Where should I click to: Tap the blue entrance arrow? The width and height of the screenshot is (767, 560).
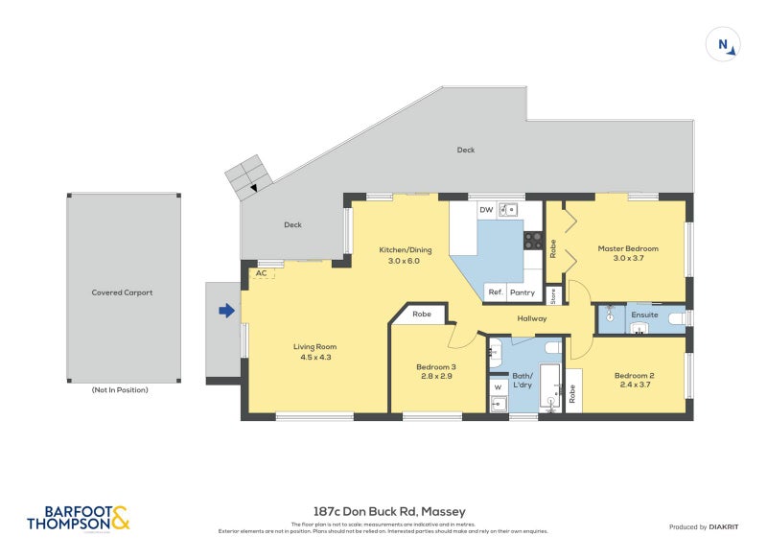226,311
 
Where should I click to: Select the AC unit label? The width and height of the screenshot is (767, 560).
260,273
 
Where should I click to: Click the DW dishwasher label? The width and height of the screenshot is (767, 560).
486,209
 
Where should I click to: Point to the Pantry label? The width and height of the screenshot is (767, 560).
523,292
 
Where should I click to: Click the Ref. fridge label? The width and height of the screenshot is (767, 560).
496,292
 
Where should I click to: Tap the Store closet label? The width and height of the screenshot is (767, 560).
552,294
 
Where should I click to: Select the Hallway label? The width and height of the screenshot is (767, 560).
532,318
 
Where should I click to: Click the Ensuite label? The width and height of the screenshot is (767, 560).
644,314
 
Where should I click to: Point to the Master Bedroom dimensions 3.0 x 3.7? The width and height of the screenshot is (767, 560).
628,260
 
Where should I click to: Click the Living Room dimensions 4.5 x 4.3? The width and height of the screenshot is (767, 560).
314,358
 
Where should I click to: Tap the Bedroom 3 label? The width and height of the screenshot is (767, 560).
436,366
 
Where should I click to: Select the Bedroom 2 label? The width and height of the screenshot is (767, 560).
634,375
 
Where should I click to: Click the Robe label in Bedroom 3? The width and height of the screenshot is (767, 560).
422,314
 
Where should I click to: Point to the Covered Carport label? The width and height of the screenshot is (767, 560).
122,292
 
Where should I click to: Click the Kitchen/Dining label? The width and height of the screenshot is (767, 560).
406,249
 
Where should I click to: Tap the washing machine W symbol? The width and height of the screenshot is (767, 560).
498,387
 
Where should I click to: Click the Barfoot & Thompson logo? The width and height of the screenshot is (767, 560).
78,518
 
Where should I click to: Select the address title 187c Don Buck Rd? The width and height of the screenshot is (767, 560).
383,511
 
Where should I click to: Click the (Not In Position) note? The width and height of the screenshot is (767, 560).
121,390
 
